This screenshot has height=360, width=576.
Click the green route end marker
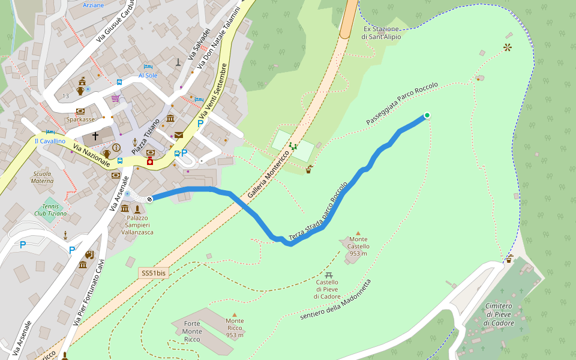click(x=427, y=115)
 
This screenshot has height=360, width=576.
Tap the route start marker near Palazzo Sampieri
click(x=149, y=199)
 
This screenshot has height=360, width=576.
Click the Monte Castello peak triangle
click(x=358, y=233)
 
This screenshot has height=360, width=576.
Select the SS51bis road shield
click(x=154, y=273)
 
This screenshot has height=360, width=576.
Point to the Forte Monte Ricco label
click(x=192, y=332)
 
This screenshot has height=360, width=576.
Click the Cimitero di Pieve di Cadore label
click(x=499, y=314)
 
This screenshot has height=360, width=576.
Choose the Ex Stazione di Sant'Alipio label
click(x=381, y=32)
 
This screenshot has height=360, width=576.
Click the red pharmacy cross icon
click(x=150, y=161)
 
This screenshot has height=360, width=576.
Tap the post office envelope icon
click(x=179, y=135)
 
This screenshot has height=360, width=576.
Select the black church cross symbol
click(x=95, y=137)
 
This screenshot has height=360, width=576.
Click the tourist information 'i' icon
click(x=116, y=147)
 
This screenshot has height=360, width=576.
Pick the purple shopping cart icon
click(x=115, y=98)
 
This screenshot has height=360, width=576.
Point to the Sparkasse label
click(x=80, y=119)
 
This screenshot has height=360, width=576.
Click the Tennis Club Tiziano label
click(x=50, y=209)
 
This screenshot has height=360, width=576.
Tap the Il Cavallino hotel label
click(x=50, y=141)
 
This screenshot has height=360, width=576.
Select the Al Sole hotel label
click(x=148, y=76)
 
